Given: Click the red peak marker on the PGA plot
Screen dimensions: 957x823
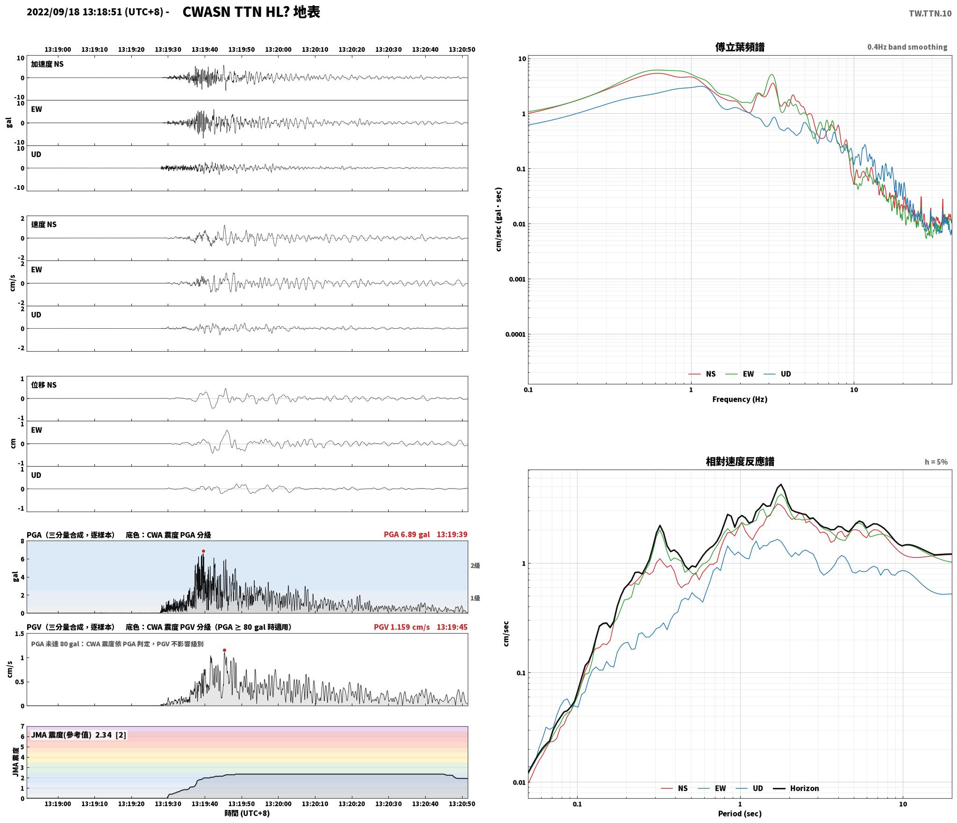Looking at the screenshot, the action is pyautogui.click(x=203, y=551).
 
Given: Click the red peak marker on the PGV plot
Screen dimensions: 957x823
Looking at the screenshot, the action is pyautogui.click(x=224, y=650).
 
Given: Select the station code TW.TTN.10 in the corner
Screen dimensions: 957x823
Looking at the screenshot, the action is pyautogui.click(x=930, y=13).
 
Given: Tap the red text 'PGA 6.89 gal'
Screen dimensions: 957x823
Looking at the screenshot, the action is pyautogui.click(x=407, y=534).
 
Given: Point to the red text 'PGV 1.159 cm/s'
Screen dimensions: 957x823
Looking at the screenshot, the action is pyautogui.click(x=401, y=627).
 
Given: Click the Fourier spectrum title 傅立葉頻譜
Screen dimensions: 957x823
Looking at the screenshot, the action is pyautogui.click(x=740, y=47).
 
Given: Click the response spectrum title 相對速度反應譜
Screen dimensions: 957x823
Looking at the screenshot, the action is pyautogui.click(x=740, y=462).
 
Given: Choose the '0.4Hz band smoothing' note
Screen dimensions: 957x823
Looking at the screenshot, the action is pyautogui.click(x=907, y=47).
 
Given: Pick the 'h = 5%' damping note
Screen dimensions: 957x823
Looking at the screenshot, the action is pyautogui.click(x=936, y=462).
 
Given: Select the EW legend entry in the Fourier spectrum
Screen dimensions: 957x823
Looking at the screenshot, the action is pyautogui.click(x=740, y=374).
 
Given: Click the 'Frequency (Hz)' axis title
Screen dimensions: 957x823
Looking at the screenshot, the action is pyautogui.click(x=740, y=399).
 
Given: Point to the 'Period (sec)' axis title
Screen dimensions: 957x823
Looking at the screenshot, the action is pyautogui.click(x=740, y=814).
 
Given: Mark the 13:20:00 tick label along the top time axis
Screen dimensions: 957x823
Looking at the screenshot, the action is pyautogui.click(x=278, y=50).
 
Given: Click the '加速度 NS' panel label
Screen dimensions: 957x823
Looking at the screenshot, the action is pyautogui.click(x=47, y=64).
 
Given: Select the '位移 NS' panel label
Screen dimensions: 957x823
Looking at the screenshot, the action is pyautogui.click(x=44, y=385).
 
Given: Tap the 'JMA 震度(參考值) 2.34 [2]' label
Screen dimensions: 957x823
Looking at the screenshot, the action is pyautogui.click(x=79, y=735).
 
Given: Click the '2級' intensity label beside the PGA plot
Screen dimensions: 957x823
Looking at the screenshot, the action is pyautogui.click(x=475, y=566).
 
